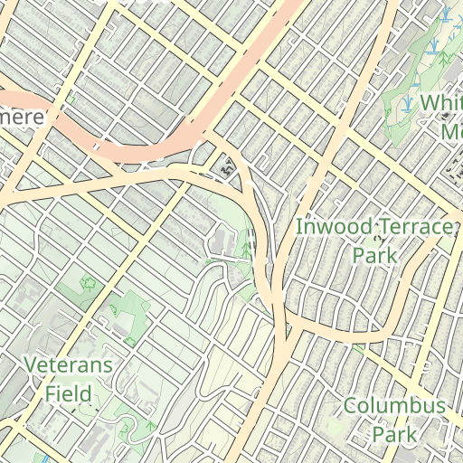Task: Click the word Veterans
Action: [x=69, y=365]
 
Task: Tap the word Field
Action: [x=69, y=393]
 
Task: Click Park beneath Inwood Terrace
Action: [x=375, y=256]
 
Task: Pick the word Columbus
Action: [x=394, y=405]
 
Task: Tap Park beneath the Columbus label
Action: [x=395, y=434]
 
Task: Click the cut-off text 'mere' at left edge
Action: [x=20, y=118]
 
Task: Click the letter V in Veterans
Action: [x=31, y=365]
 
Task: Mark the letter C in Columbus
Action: [x=351, y=405]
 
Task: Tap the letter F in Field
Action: [x=51, y=393]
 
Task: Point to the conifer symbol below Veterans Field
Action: [x=149, y=424]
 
